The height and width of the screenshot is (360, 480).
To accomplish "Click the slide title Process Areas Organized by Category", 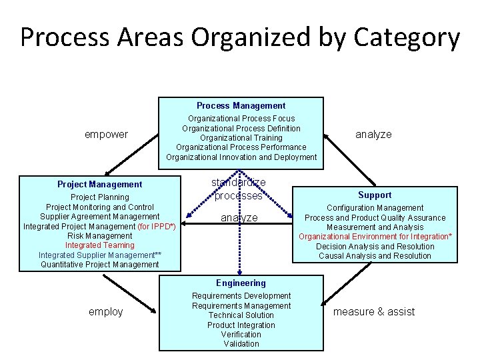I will point(240,37).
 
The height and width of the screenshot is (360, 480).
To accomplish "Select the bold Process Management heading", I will point(241,105).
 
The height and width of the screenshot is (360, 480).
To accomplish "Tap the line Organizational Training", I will point(241,138).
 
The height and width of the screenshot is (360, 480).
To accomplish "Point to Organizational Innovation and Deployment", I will point(241,157).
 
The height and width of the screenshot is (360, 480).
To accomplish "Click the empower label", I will point(106,134).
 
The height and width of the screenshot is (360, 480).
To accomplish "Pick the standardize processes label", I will point(238,189).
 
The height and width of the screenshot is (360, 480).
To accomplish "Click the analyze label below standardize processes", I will point(239,218).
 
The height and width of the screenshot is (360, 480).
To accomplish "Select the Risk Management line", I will point(99,235).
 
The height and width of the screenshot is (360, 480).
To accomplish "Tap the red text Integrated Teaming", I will point(99,245).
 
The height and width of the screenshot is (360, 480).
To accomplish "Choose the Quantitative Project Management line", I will point(99,265).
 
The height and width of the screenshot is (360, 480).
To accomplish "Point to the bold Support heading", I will point(375,195).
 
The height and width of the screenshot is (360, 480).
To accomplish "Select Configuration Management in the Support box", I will point(375,208).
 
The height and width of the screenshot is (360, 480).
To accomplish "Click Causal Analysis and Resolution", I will point(375,256).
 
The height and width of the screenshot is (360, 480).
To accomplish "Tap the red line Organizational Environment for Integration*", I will point(375,237).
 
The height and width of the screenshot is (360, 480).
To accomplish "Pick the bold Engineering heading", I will point(241,283).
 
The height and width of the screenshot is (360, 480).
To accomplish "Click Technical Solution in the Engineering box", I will point(241,315).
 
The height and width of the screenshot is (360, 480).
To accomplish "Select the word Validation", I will point(241,344).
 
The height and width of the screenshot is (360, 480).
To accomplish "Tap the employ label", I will point(106,311).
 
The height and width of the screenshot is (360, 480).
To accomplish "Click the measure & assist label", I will point(373,311).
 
